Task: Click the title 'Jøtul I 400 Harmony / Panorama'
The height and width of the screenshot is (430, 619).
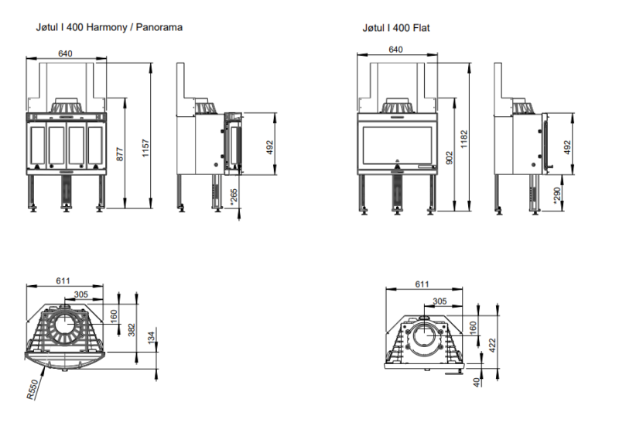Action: [109, 27]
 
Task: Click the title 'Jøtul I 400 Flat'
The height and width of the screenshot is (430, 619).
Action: [396, 27]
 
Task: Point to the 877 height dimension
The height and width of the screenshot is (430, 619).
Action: [119, 153]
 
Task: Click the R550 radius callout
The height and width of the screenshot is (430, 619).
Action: [32, 389]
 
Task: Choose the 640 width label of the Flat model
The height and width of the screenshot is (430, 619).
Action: [395, 50]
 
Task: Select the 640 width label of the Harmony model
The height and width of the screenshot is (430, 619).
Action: [65, 53]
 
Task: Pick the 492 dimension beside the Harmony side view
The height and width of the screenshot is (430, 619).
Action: [271, 146]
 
